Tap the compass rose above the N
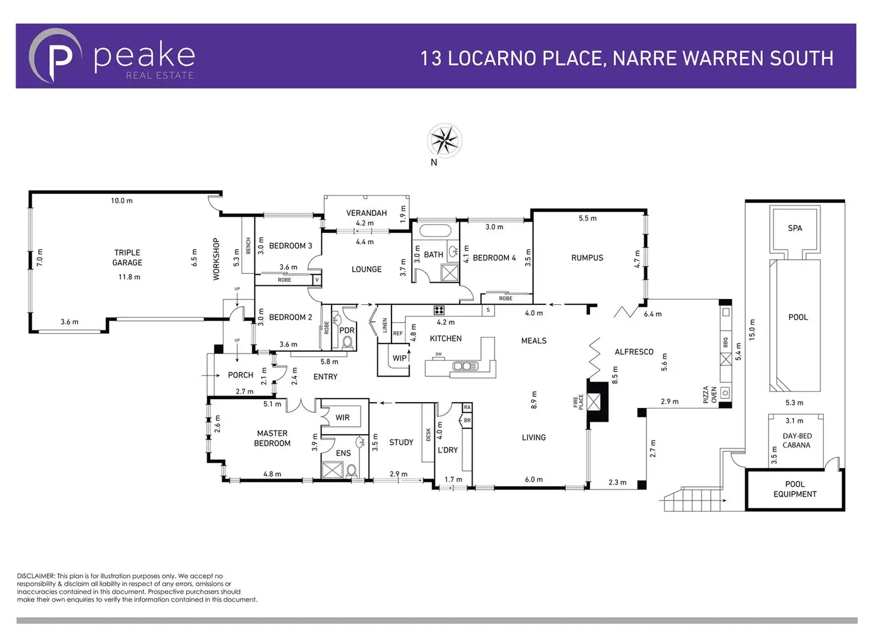point(444,141)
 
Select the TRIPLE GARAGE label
point(128,257)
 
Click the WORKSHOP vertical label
point(216,259)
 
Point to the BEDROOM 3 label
point(290,246)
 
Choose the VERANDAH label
point(367,213)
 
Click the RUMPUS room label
point(587,258)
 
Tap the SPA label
point(795,228)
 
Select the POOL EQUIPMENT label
point(795,489)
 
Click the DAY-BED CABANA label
point(796,441)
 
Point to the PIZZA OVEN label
point(710,394)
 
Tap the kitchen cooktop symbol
point(439,310)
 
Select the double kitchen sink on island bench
point(465,366)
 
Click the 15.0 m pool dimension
point(752,330)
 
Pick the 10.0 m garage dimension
point(122,201)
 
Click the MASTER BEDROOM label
point(272,438)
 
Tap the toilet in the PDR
point(347,343)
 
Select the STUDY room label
point(401,442)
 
